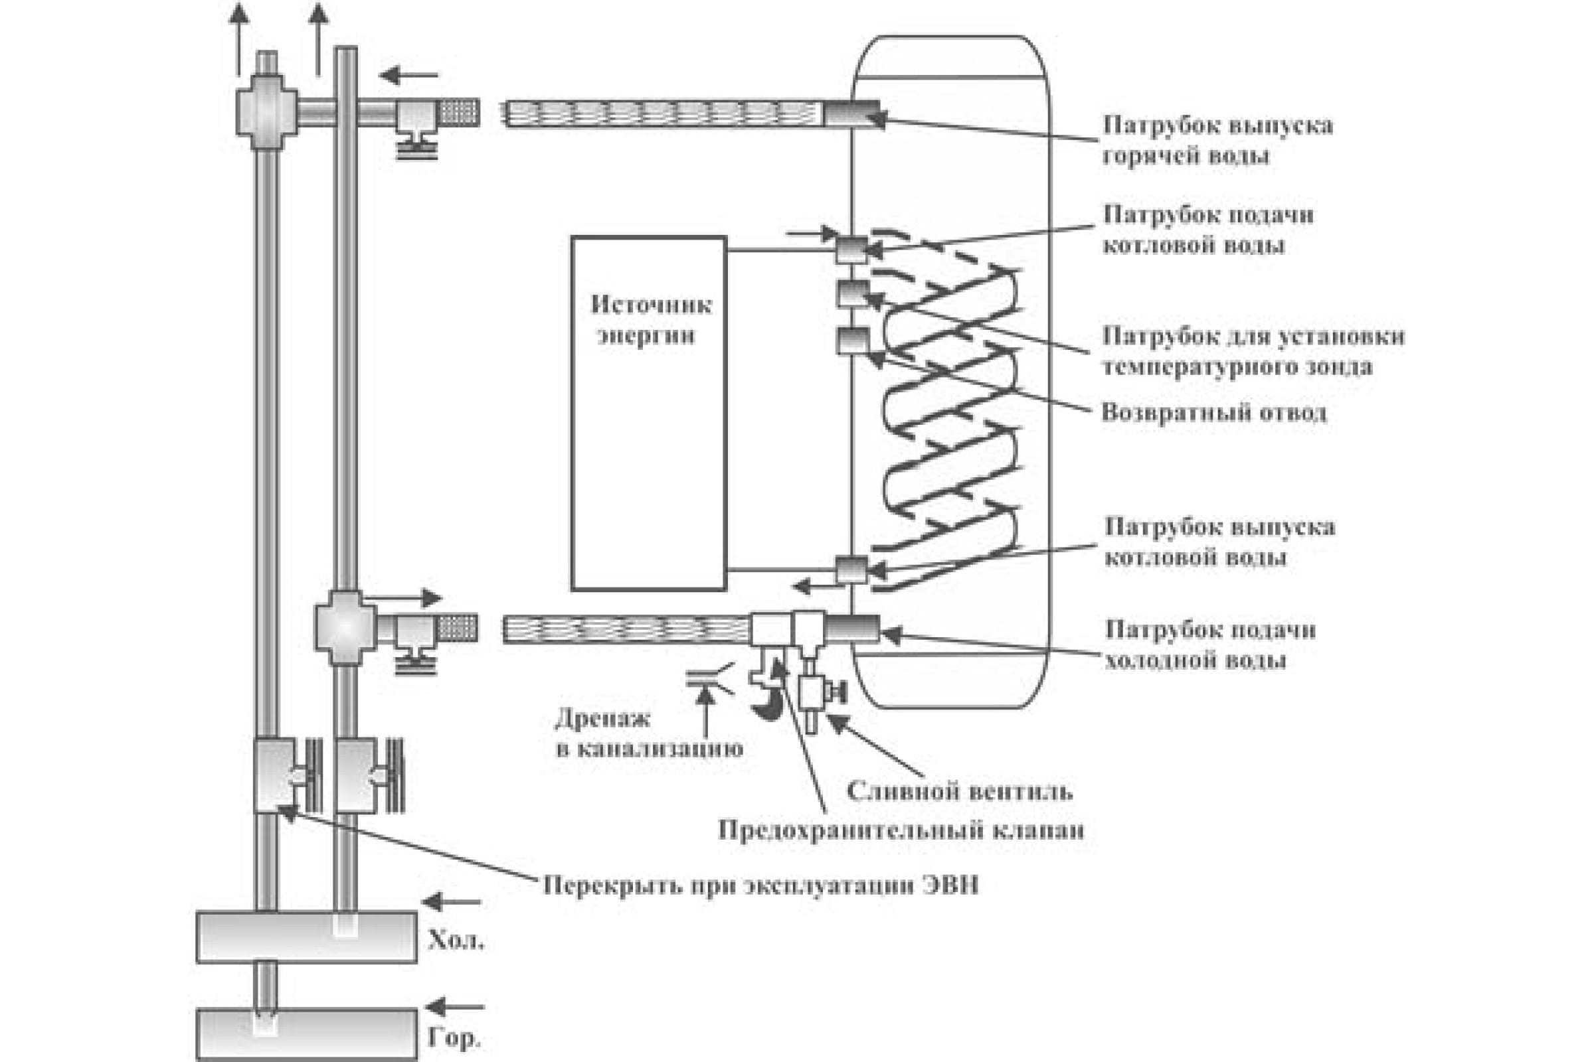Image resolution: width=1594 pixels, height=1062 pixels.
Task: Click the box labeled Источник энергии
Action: point(649,413)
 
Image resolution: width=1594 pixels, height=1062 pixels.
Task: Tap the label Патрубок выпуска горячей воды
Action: point(1218,140)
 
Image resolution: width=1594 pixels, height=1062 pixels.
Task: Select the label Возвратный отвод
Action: point(1214,412)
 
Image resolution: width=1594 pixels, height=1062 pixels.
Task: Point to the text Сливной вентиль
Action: point(959,791)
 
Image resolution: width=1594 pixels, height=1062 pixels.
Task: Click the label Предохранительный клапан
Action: point(901,830)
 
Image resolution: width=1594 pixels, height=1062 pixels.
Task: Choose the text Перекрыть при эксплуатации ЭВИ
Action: point(760,886)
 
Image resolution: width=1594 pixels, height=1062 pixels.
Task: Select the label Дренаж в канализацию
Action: point(649,733)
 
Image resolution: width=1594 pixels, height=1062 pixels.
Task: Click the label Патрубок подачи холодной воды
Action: point(1209,644)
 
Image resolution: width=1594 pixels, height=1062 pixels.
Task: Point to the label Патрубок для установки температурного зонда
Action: point(1253,351)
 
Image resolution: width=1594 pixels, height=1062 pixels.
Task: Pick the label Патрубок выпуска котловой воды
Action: point(1219,542)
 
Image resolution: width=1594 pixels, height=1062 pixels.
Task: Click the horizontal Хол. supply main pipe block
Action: point(306,937)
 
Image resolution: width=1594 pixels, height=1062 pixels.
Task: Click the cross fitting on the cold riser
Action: point(345,627)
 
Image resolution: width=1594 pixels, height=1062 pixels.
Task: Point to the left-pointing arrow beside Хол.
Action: point(451,902)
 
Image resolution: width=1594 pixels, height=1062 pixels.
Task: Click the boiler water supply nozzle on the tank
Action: point(851,250)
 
